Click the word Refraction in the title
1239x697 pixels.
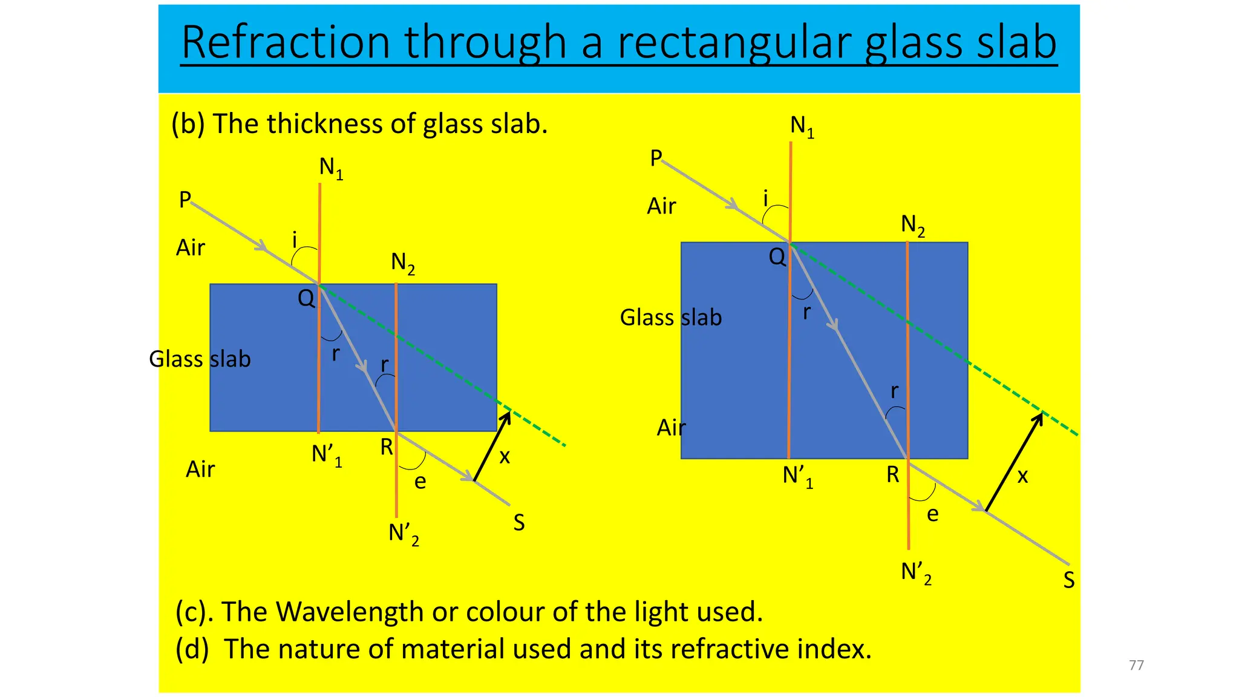[286, 42]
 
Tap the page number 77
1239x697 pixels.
[1136, 665]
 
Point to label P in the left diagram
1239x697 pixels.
[185, 200]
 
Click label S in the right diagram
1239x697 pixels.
[1069, 580]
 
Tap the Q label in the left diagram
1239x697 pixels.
[306, 298]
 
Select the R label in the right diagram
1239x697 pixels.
[893, 475]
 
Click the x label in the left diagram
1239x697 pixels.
[505, 457]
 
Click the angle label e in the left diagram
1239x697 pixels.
[420, 482]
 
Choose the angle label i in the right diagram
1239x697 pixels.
[765, 198]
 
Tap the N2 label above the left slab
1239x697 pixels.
[403, 263]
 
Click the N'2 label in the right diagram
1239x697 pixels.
[916, 572]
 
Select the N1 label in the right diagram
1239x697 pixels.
[802, 126]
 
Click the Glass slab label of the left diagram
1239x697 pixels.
[200, 359]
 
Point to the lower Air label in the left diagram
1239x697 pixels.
[200, 470]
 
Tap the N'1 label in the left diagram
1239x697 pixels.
[327, 455]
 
